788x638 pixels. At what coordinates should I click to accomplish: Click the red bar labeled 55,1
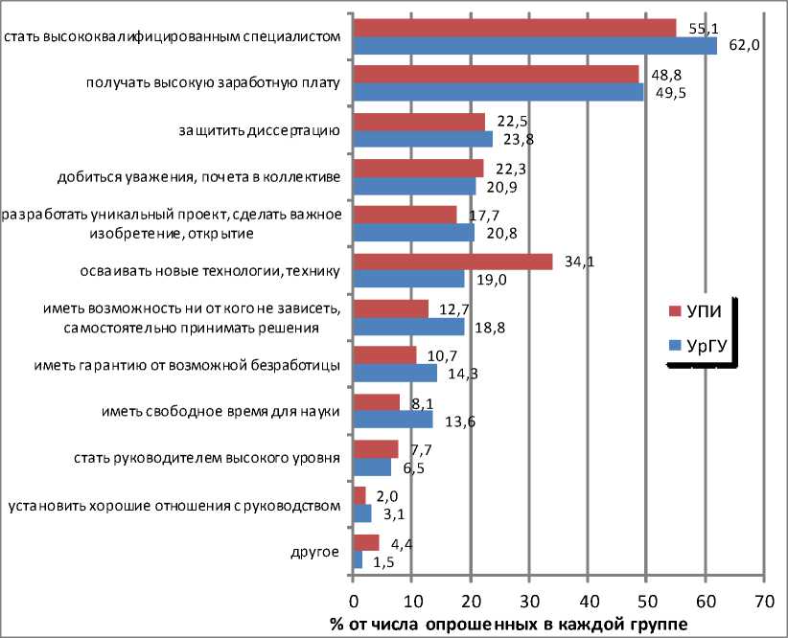coord(514,28)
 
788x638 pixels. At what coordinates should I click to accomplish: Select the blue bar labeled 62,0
coord(535,45)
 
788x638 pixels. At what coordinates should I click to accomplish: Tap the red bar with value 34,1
coord(452,262)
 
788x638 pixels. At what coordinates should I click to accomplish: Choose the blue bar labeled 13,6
coord(393,419)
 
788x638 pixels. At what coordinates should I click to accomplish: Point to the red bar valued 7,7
coord(376,449)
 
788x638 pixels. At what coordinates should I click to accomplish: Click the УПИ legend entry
coord(700,310)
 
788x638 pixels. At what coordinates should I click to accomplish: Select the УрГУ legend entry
coord(702,346)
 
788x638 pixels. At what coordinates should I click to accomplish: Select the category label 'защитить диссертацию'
coord(260,130)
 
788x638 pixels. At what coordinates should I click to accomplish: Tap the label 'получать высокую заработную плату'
coord(212,83)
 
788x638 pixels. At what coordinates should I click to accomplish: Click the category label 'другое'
coord(315,551)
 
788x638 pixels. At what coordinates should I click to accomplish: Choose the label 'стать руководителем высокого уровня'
coord(207,458)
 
